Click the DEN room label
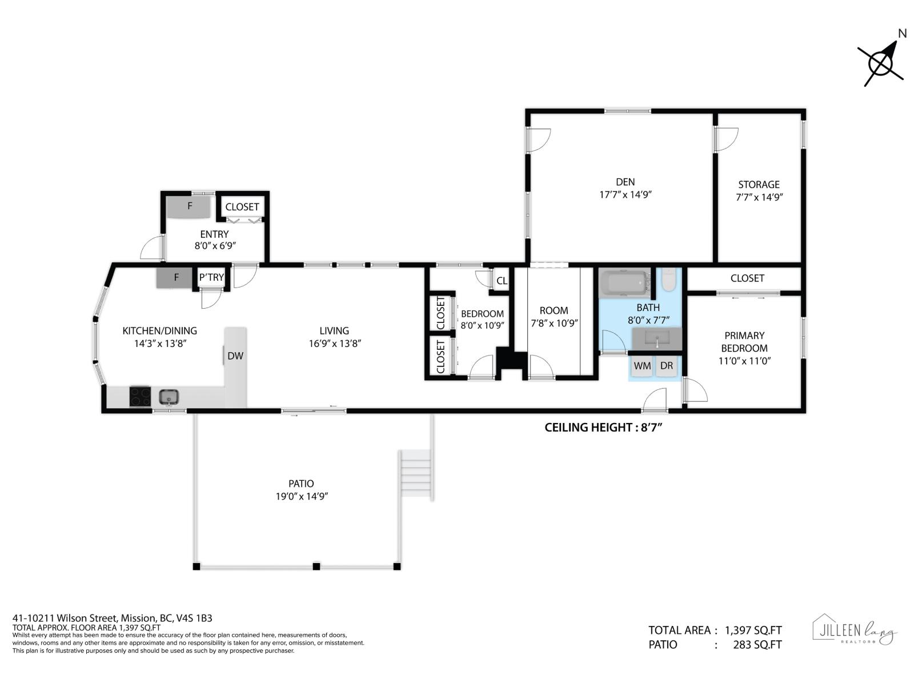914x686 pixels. click(x=625, y=182)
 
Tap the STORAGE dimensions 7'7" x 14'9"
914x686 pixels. click(x=759, y=197)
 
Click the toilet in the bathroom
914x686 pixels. click(x=668, y=280)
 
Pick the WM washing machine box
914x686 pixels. click(x=642, y=366)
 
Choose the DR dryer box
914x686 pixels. click(x=666, y=366)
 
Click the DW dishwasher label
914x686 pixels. click(x=235, y=356)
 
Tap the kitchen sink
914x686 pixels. click(x=169, y=396)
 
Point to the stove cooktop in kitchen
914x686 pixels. click(x=139, y=396)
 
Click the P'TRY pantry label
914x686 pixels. click(x=211, y=277)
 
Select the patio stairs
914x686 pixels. click(x=416, y=475)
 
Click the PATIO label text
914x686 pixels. click(x=301, y=484)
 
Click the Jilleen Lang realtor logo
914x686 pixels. click(x=855, y=631)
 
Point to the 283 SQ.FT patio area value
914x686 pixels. click(x=757, y=645)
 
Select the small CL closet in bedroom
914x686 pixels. click(x=502, y=281)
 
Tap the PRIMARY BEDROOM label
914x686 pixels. click(x=744, y=342)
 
